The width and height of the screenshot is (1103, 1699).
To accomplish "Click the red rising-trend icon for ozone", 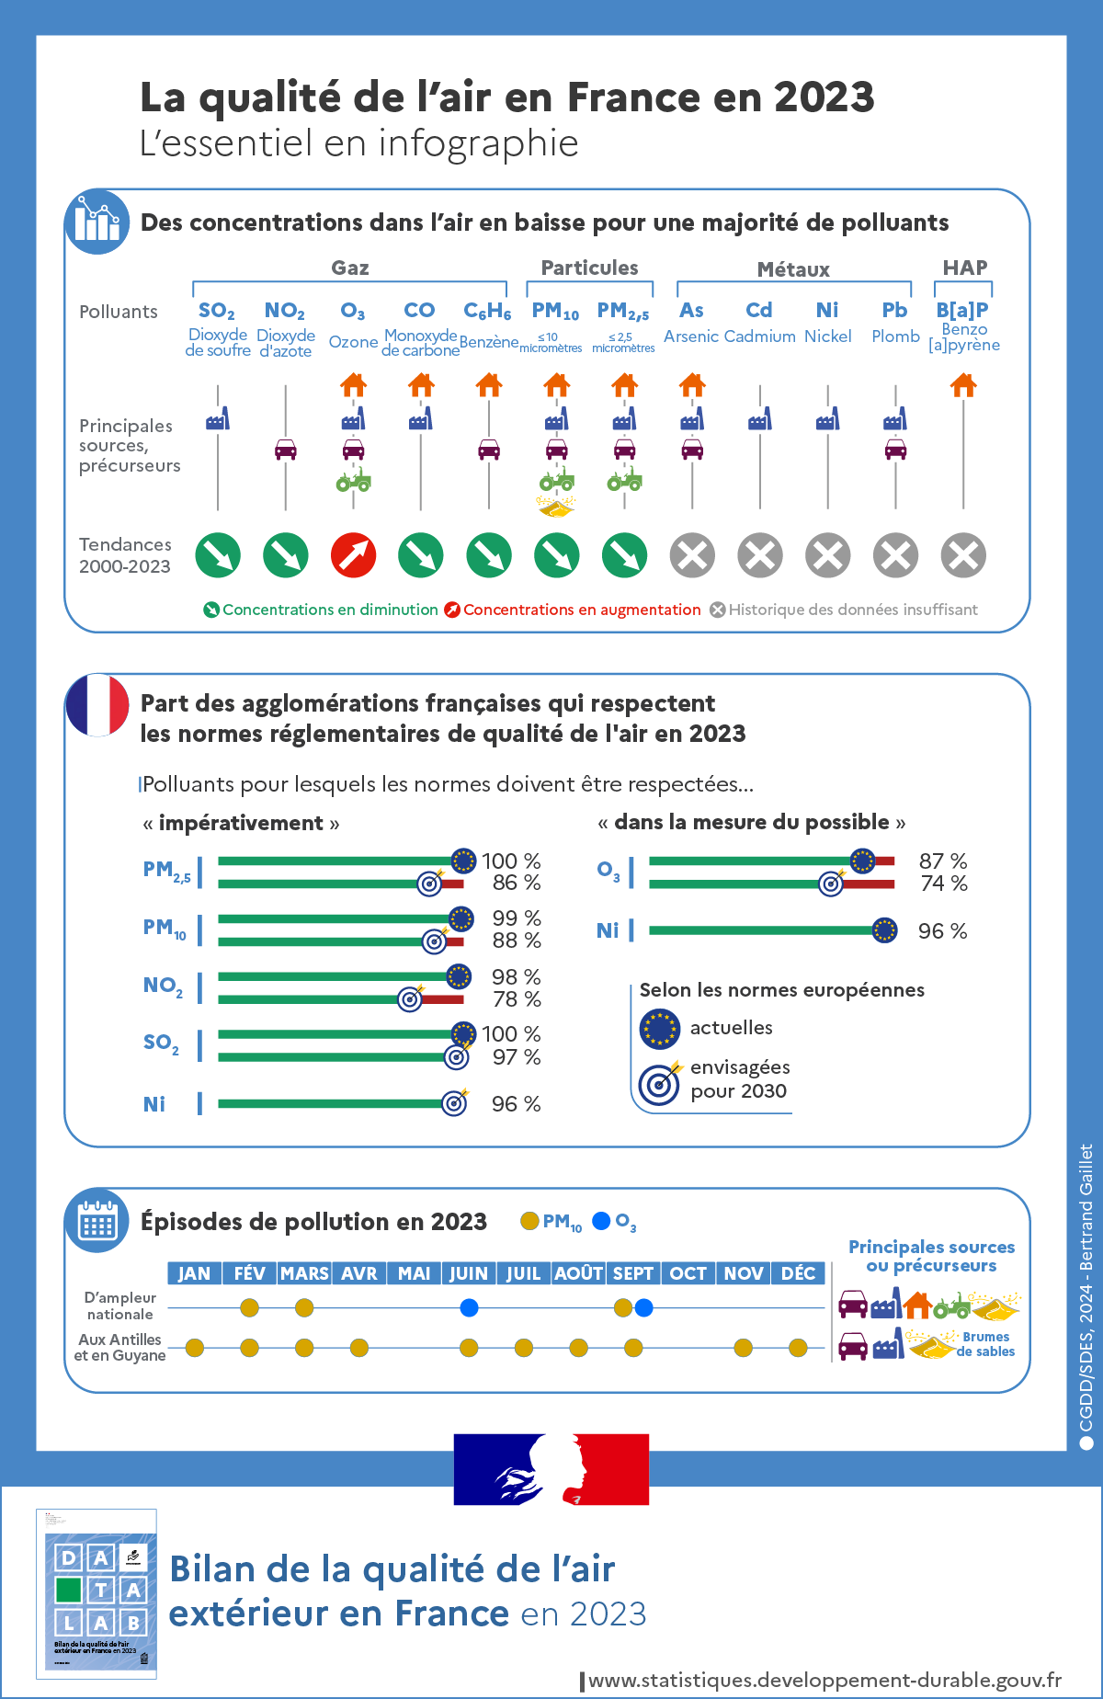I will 353,555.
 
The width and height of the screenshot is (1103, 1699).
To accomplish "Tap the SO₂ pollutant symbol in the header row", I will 217,311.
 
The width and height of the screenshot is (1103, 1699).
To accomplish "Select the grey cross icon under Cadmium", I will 760,555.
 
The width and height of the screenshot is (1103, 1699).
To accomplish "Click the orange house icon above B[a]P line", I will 963,385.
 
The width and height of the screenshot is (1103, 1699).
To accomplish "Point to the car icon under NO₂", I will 286,450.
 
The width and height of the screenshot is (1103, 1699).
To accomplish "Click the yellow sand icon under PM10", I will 555,507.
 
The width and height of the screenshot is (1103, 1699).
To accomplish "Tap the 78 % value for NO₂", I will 517,999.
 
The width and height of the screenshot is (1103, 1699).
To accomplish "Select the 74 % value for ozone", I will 943,884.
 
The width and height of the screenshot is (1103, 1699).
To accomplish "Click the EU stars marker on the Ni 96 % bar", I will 884,930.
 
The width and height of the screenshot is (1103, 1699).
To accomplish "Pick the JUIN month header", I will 469,1273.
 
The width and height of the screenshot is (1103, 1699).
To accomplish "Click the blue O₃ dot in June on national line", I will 469,1307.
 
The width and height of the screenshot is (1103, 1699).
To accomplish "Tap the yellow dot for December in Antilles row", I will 798,1348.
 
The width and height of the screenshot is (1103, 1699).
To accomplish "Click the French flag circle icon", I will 97,705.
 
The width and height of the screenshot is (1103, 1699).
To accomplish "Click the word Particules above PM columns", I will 589,268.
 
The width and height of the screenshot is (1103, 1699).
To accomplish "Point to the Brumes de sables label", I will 985,1344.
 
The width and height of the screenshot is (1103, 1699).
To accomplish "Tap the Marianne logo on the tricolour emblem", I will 551,1468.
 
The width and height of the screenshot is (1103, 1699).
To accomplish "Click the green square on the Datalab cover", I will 69,1590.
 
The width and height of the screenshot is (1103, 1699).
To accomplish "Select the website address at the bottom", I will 824,1680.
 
